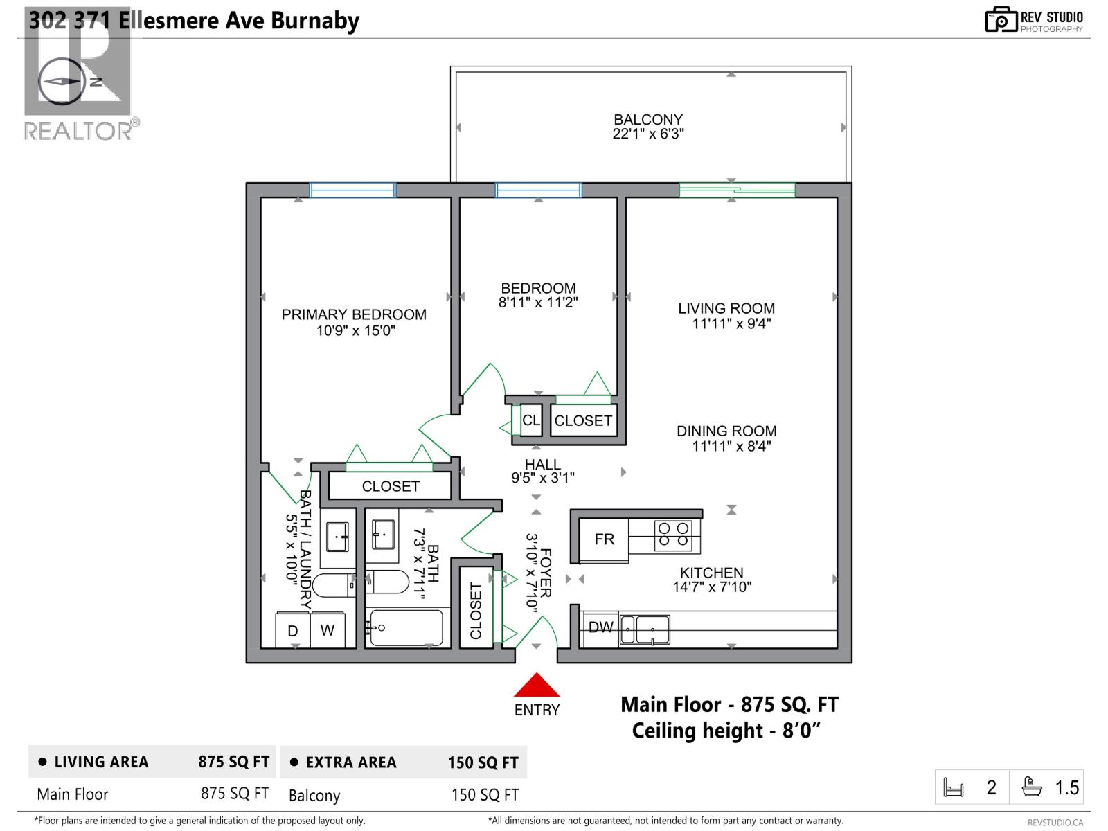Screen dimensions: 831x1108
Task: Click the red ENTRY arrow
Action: tap(536, 686)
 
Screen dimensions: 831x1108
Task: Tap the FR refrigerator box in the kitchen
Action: tap(604, 539)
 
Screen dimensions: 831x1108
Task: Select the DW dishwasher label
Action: tap(600, 627)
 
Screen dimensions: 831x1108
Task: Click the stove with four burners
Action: tap(673, 535)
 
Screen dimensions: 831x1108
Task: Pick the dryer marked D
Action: tap(293, 631)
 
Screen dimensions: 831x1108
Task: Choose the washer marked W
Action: tap(328, 630)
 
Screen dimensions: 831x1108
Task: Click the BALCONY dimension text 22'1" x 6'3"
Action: tap(647, 134)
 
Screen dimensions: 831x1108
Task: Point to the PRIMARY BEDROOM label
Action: tap(354, 315)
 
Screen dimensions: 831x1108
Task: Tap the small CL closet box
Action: tap(530, 420)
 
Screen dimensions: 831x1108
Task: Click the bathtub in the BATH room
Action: tap(406, 627)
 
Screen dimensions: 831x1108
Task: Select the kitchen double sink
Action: tap(645, 629)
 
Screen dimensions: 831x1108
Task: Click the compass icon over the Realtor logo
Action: tap(62, 82)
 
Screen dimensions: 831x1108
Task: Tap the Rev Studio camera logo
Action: tap(1000, 20)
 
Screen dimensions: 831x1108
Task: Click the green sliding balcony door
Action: tap(736, 190)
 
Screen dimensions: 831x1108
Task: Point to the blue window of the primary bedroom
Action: tap(352, 190)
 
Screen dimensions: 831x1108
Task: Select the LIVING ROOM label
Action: tap(726, 309)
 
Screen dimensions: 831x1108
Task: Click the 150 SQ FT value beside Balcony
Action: tap(485, 795)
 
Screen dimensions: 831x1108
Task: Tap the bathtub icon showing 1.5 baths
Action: tap(1032, 787)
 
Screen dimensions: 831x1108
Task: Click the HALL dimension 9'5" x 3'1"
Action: tap(543, 478)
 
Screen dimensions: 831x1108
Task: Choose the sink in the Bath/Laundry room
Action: tap(337, 537)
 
